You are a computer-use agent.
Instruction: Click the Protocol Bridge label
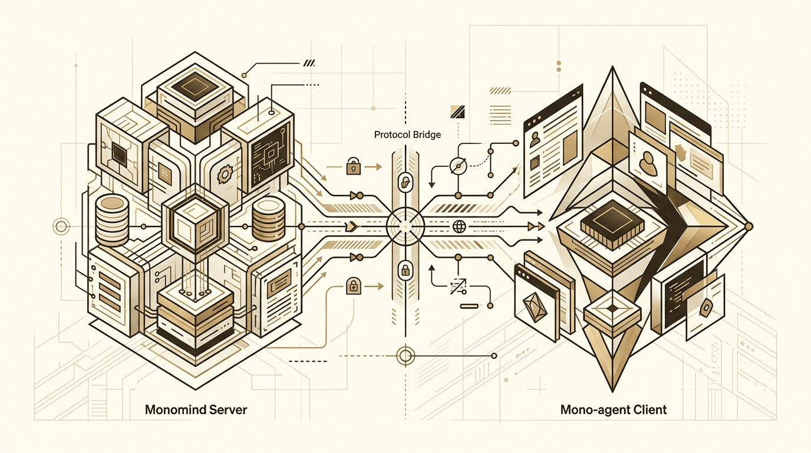pyautogui.click(x=407, y=135)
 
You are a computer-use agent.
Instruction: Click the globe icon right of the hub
pyautogui.click(x=459, y=227)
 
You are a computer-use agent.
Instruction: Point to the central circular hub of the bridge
pyautogui.click(x=405, y=226)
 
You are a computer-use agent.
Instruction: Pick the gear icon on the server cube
pyautogui.click(x=225, y=175)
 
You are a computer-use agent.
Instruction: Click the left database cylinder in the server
pyautogui.click(x=112, y=219)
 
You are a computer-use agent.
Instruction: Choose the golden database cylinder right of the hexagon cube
pyautogui.click(x=269, y=220)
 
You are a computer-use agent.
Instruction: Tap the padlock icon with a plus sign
pyautogui.click(x=354, y=287)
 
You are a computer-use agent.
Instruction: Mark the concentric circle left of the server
pyautogui.click(x=61, y=227)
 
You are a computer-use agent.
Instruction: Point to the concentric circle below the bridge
pyautogui.click(x=405, y=356)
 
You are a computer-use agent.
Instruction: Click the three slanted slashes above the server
pyautogui.click(x=309, y=63)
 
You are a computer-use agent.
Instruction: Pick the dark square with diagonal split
pyautogui.click(x=457, y=112)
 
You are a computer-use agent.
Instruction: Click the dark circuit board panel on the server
pyautogui.click(x=271, y=156)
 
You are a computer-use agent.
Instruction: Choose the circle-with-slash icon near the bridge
pyautogui.click(x=459, y=166)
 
